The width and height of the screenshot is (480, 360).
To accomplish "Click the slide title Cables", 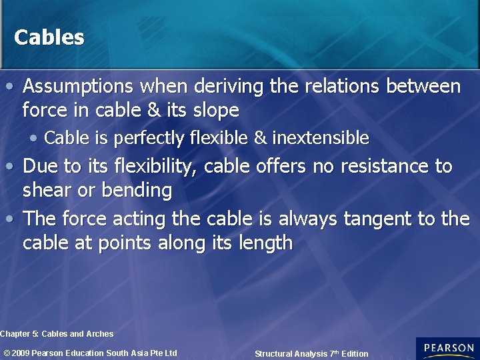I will (x=49, y=37).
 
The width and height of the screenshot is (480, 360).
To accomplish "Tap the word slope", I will (x=215, y=109).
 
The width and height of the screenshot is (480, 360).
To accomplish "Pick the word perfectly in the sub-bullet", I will (x=150, y=138).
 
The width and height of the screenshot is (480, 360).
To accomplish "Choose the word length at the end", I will (x=265, y=243).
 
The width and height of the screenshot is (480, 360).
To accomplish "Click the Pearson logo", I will (x=447, y=348).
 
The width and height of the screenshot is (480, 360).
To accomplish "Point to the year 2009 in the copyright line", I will (x=21, y=353).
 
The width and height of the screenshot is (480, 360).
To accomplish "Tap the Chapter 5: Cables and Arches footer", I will (x=57, y=334).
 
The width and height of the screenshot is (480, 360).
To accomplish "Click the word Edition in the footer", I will (x=352, y=354).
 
